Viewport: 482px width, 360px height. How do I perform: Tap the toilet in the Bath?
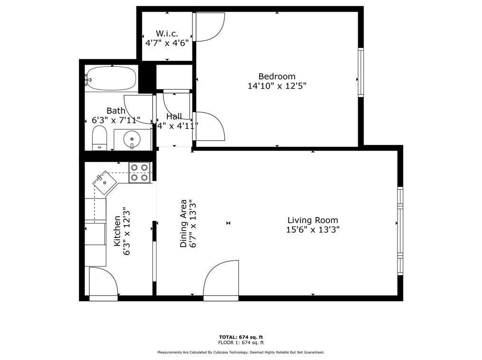[99, 138]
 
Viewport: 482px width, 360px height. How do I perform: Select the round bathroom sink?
[131, 139]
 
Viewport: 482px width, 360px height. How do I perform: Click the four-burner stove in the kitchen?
[140, 172]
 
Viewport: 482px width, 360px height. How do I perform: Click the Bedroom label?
[277, 76]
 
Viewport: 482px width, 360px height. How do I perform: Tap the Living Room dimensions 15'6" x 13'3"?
[312, 230]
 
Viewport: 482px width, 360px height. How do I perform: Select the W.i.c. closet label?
[167, 33]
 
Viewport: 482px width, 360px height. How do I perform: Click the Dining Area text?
[183, 223]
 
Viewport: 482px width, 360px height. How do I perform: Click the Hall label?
[174, 116]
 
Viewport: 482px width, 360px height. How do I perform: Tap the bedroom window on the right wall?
[361, 72]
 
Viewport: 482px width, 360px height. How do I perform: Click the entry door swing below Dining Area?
[222, 280]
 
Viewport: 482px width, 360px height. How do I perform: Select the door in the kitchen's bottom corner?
[103, 284]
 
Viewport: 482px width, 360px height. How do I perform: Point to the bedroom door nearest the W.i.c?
[209, 27]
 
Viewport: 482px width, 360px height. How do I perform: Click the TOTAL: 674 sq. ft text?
[241, 337]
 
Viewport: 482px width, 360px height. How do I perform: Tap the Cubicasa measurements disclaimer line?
[241, 352]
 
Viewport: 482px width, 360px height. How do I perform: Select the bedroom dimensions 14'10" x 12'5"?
[277, 86]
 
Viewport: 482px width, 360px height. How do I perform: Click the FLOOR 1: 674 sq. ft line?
[241, 342]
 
